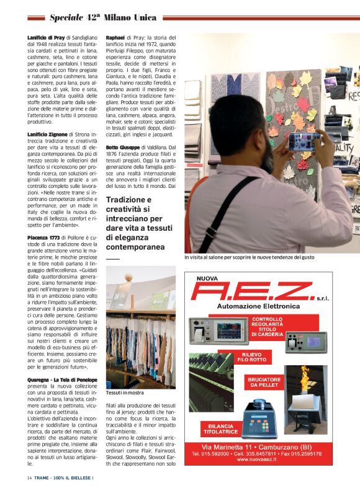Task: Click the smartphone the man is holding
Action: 304,141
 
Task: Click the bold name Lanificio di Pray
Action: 46,38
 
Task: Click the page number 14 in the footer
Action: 29,478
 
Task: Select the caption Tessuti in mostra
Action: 125,393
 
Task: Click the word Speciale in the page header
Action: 70,17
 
